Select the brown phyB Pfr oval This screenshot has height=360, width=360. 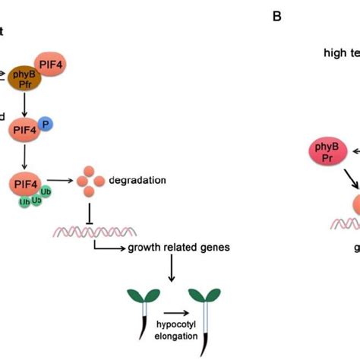pyautogui.click(x=24, y=77)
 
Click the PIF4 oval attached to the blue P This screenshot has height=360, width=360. pyautogui.click(x=26, y=131)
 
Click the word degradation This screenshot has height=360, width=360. pyautogui.click(x=136, y=181)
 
